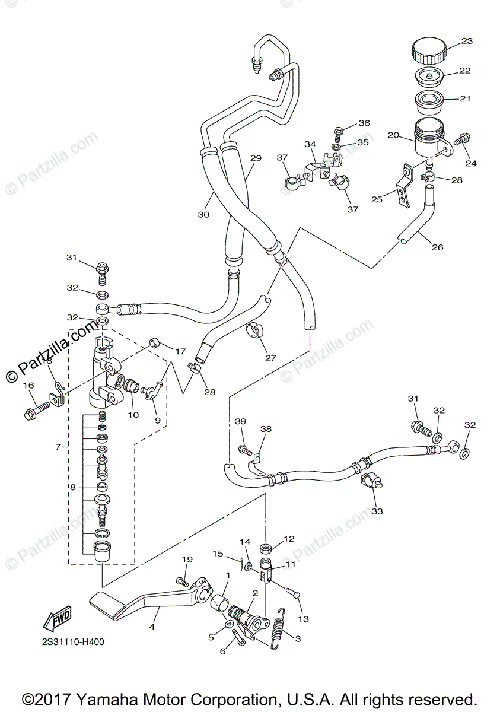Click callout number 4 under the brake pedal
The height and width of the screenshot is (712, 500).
pyautogui.click(x=152, y=627)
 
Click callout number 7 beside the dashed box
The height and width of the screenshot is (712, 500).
pyautogui.click(x=58, y=446)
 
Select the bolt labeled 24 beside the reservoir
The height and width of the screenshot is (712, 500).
pyautogui.click(x=461, y=141)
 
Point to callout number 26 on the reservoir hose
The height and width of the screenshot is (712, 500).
pyautogui.click(x=437, y=247)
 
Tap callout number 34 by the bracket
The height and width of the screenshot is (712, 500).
pyautogui.click(x=311, y=144)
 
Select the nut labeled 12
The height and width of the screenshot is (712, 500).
pyautogui.click(x=266, y=547)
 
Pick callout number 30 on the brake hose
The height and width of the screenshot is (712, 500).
pyautogui.click(x=203, y=215)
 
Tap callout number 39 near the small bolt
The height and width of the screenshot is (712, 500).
pyautogui.click(x=240, y=421)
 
